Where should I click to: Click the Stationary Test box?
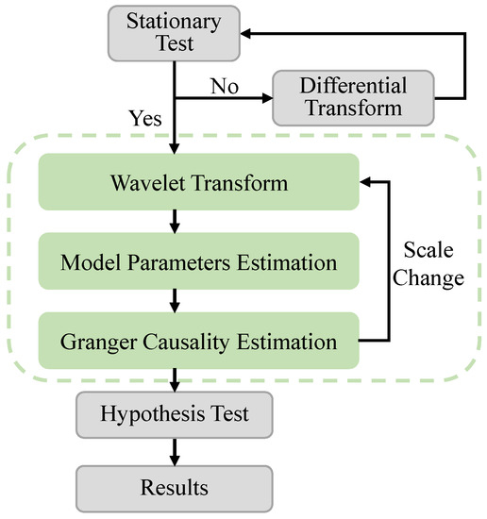175,31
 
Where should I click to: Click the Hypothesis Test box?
175,412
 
